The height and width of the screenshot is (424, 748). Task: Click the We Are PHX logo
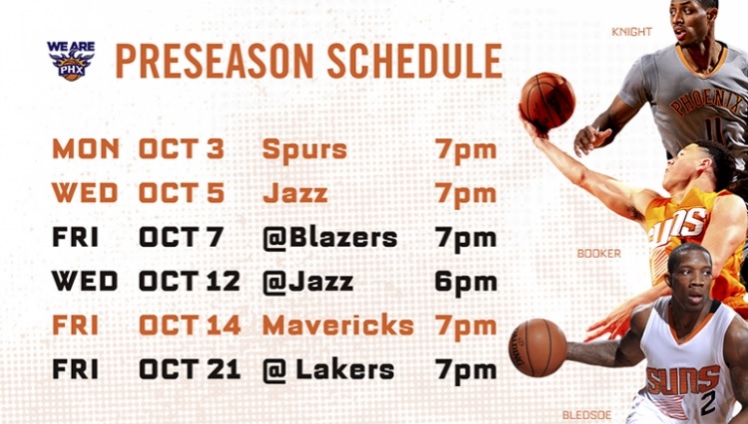pyautogui.click(x=70, y=60)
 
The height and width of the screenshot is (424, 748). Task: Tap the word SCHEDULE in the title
pyautogui.click(x=417, y=61)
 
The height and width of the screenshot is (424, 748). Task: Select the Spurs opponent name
pyautogui.click(x=305, y=150)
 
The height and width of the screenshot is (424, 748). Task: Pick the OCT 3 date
pyautogui.click(x=182, y=150)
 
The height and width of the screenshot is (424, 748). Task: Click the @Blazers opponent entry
pyautogui.click(x=330, y=238)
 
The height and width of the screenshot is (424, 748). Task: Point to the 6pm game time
pyautogui.click(x=465, y=282)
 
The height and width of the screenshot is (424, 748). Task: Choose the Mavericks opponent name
pyautogui.click(x=338, y=326)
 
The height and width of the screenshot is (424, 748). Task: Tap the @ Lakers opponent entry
pyautogui.click(x=328, y=370)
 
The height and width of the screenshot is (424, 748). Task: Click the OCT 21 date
pyautogui.click(x=190, y=370)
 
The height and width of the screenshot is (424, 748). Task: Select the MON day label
pyautogui.click(x=86, y=150)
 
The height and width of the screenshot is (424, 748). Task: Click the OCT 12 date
pyautogui.click(x=190, y=282)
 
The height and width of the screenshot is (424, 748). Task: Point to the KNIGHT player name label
pyautogui.click(x=631, y=32)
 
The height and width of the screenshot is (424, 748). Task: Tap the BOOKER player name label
pyautogui.click(x=598, y=254)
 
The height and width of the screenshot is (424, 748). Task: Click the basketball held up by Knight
pyautogui.click(x=546, y=101)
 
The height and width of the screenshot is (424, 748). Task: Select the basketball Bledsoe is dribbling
pyautogui.click(x=538, y=347)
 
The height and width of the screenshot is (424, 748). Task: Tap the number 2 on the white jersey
pyautogui.click(x=707, y=400)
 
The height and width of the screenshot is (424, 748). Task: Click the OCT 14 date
pyautogui.click(x=190, y=326)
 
